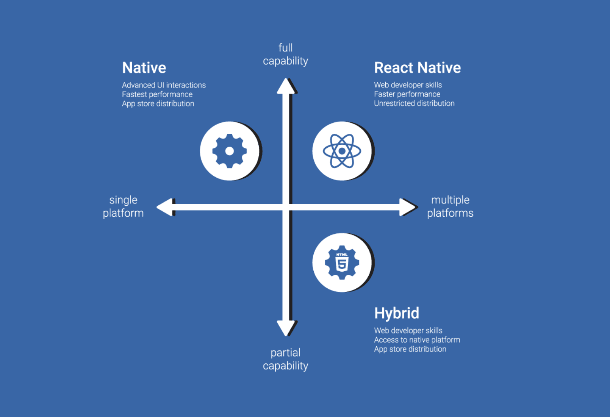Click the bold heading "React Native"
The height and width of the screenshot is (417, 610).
point(417,68)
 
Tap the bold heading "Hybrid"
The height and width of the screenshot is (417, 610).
point(396,313)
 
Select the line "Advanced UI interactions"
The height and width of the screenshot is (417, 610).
point(164,85)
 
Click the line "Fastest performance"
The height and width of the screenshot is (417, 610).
point(157,94)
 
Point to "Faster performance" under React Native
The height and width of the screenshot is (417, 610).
point(407,94)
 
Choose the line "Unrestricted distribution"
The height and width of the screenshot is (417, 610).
point(414,103)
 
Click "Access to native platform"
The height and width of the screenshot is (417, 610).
point(417,340)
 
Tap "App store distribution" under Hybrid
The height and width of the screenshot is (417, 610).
point(410,349)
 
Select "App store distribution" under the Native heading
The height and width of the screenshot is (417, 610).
point(158,104)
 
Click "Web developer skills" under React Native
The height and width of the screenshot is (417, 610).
point(408,85)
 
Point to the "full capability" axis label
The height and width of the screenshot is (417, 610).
point(285,54)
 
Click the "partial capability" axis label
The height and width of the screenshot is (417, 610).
point(285,359)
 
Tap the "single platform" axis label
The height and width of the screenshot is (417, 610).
point(123,207)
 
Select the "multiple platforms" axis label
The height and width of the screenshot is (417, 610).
point(450,207)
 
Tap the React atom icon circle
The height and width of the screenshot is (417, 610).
point(342,151)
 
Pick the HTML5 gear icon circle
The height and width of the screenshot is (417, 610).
point(342,263)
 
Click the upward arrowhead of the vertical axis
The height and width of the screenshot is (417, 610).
point(286,86)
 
